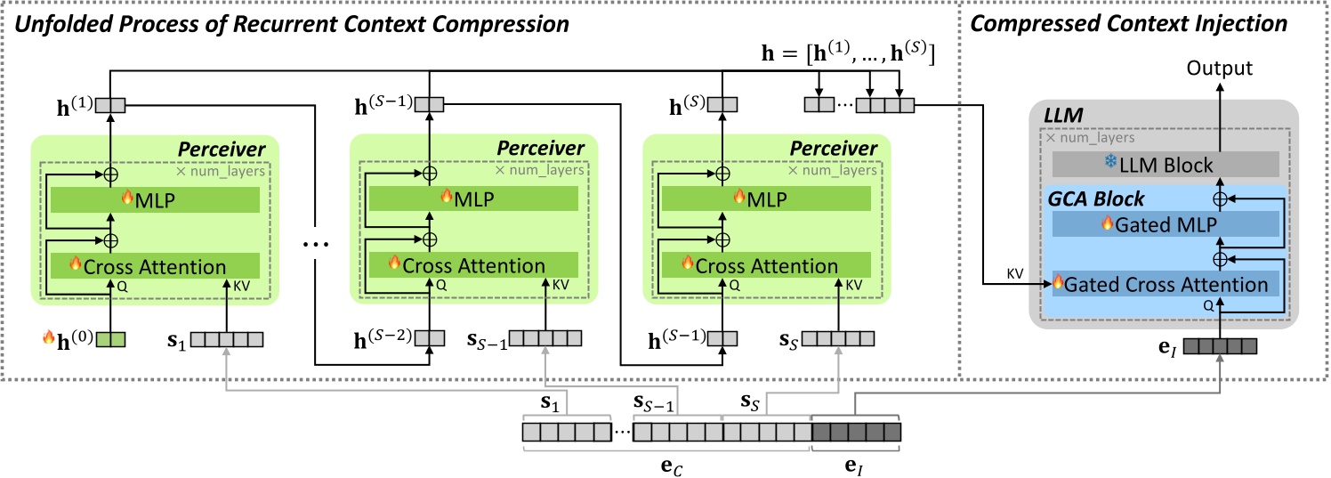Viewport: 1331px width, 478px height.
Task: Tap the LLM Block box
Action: click(x=1166, y=165)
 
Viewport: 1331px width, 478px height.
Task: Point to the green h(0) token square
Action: click(x=111, y=339)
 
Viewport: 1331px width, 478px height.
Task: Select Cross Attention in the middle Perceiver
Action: click(x=473, y=265)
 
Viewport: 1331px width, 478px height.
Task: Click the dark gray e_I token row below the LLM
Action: click(x=1219, y=345)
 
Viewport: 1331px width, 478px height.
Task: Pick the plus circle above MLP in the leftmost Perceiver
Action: click(x=112, y=173)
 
